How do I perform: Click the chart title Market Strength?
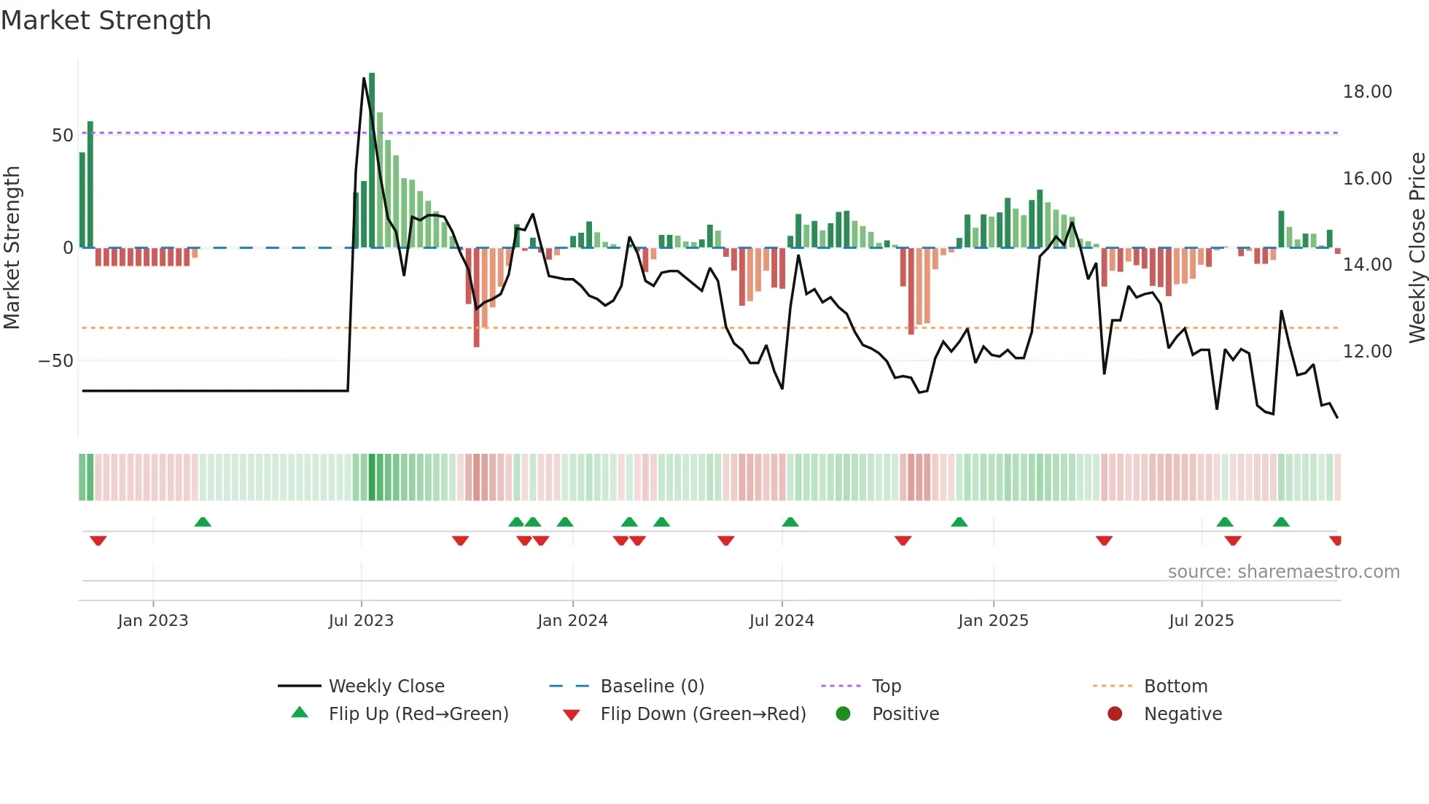[x=106, y=20]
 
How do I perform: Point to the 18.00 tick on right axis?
[x=1367, y=92]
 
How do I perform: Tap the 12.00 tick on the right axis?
[x=1367, y=352]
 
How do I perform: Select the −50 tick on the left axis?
[x=56, y=361]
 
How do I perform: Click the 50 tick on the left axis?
[x=63, y=136]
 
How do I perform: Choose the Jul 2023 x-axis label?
[x=361, y=621]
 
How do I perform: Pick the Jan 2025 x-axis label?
[x=993, y=621]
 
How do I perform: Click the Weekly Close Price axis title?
[x=1417, y=248]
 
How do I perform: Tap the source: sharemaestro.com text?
[x=1283, y=572]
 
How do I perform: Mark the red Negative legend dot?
[x=1115, y=714]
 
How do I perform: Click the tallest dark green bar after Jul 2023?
[x=372, y=161]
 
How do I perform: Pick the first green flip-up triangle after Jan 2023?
[x=203, y=522]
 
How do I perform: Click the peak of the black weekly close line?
[x=364, y=78]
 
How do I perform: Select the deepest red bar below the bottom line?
[x=476, y=306]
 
